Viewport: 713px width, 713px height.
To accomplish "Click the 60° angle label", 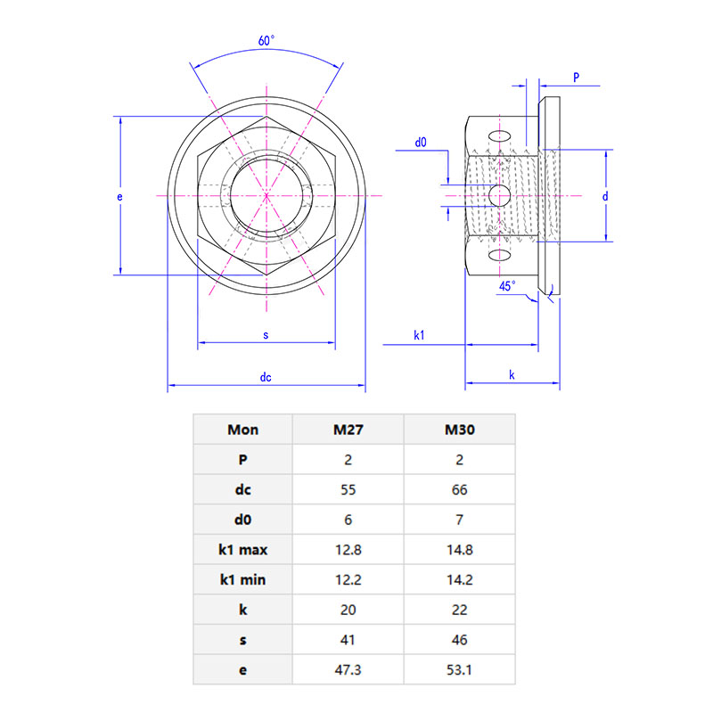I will [x=266, y=41].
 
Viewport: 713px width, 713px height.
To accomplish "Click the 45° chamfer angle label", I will [x=506, y=286].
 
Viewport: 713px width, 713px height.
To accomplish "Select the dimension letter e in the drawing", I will [x=119, y=195].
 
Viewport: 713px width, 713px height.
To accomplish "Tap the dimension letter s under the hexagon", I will [x=266, y=335].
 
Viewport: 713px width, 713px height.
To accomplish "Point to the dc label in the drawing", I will [x=266, y=378].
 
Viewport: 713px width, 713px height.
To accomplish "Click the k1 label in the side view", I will [x=419, y=335].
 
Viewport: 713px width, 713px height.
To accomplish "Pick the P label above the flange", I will [x=576, y=78].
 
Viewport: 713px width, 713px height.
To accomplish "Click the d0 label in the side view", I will [x=421, y=142].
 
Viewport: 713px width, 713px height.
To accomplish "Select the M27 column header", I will [x=348, y=430].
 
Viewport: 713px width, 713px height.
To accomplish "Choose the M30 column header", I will [x=459, y=430].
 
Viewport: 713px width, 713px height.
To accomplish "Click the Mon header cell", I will [x=242, y=430].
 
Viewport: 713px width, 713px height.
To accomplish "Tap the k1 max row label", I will [x=242, y=549].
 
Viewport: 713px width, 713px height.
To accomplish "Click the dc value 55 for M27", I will [x=348, y=489].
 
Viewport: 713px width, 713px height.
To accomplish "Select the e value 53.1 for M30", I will [x=459, y=669].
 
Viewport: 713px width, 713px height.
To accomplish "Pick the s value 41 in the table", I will [x=348, y=639].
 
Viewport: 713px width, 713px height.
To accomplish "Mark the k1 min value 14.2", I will [x=459, y=579].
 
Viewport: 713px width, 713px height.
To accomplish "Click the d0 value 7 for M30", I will [x=459, y=520].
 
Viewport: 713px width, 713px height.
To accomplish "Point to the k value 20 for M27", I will [x=348, y=610].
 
